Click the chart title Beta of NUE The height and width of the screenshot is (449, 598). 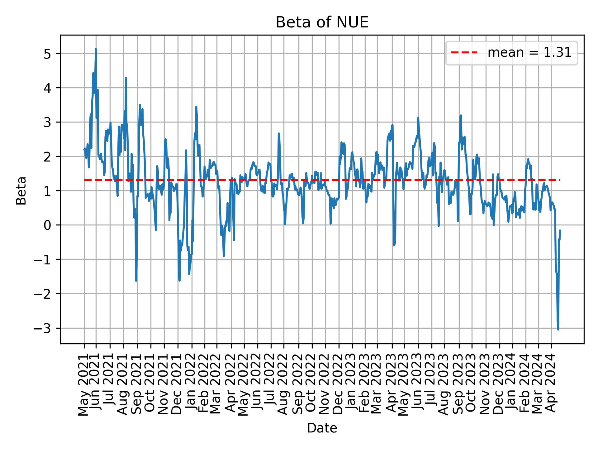(x=322, y=22)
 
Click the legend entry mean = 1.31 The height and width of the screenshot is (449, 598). (x=529, y=53)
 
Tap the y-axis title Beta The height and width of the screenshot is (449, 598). (x=21, y=191)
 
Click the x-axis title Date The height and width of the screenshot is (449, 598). (x=322, y=428)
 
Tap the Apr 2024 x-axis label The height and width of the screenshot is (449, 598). (x=551, y=384)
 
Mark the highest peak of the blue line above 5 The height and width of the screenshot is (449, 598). (x=96, y=49)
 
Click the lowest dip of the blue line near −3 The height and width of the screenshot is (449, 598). (x=558, y=329)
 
